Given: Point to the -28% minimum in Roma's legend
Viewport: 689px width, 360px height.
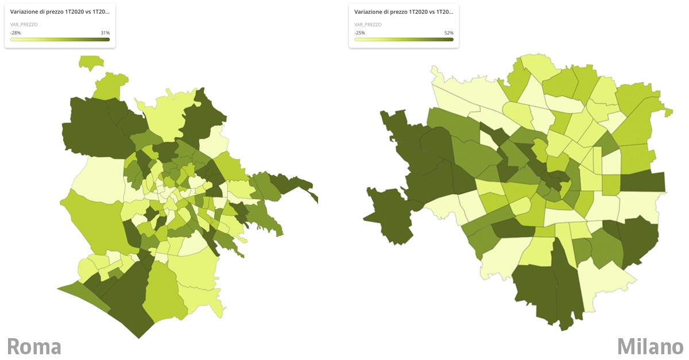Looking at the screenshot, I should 16,33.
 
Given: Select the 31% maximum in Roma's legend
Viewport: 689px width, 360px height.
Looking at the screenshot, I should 105,33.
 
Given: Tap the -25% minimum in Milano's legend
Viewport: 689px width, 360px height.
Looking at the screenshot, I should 360,33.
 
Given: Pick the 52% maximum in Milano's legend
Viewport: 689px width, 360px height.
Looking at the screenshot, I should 448,33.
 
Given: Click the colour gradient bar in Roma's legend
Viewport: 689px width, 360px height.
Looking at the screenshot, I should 60,39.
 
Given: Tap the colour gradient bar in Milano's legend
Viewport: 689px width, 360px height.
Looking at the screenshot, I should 404,39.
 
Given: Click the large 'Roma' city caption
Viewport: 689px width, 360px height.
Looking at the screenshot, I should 34,346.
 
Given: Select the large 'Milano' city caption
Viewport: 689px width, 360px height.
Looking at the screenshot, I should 650,346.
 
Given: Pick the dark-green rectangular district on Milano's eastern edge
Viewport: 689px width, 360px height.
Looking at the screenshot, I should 643,181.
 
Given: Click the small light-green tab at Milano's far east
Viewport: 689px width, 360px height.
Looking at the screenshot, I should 667,111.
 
